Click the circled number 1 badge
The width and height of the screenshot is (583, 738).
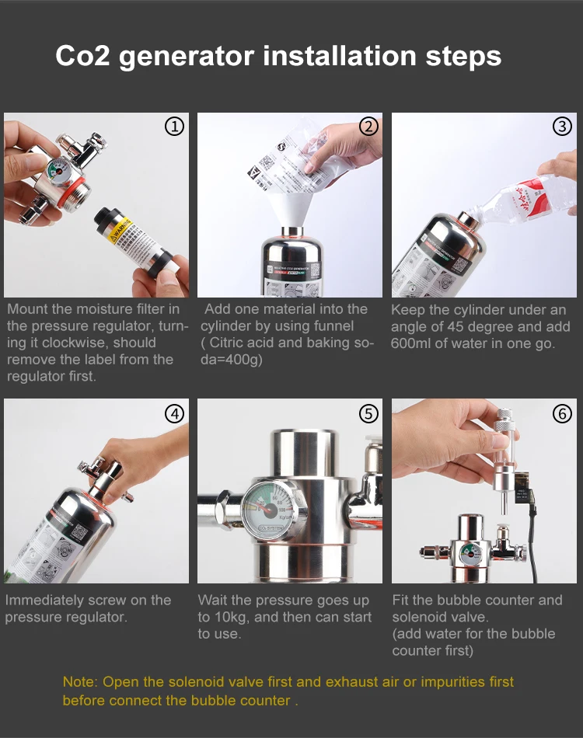176,127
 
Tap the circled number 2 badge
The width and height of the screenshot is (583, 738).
369,127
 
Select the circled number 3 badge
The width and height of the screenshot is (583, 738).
562,127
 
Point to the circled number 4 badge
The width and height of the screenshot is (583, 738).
176,413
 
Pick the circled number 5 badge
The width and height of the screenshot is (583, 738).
369,413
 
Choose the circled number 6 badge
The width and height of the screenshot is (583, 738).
562,413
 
